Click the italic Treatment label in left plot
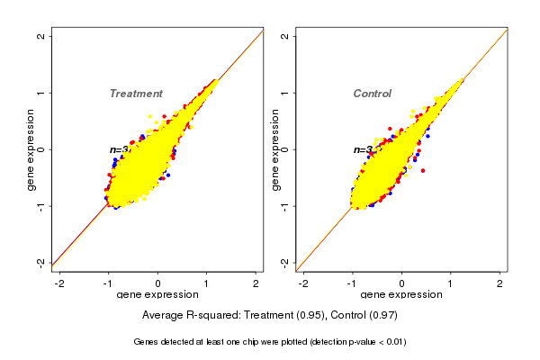(x=136, y=94)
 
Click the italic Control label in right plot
(x=372, y=94)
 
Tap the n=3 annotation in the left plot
(x=120, y=149)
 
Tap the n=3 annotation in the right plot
(x=363, y=149)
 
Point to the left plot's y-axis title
(x=31, y=149)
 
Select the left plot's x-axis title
(x=157, y=295)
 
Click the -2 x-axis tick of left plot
(x=59, y=283)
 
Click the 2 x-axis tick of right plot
(x=499, y=283)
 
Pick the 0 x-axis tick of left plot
(x=157, y=283)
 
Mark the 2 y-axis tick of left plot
(x=42, y=36)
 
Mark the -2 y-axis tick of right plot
(x=285, y=262)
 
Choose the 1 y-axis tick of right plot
(x=285, y=93)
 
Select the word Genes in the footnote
(x=148, y=342)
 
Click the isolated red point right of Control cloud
(x=422, y=170)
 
